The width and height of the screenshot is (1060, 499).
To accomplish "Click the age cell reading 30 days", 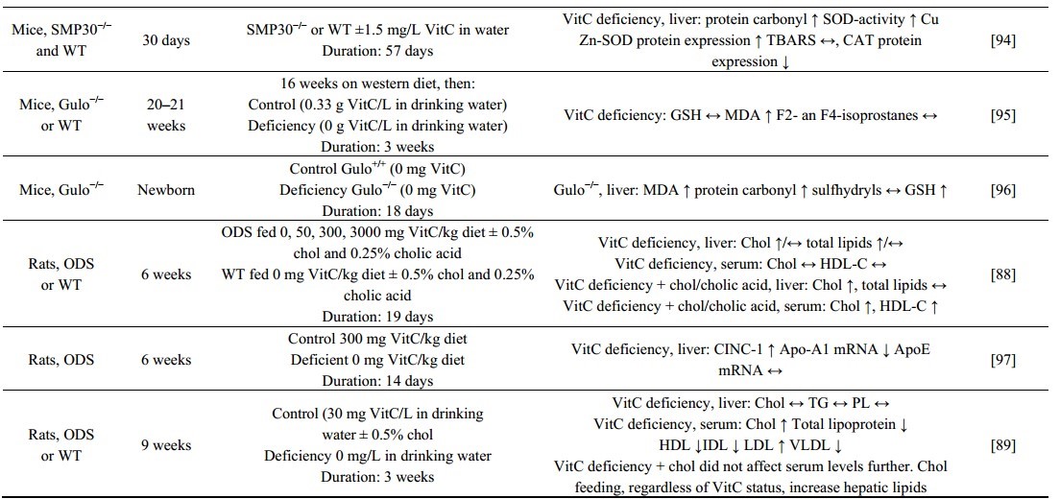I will coord(166,30).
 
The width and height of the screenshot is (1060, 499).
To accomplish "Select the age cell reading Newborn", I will coord(167,190).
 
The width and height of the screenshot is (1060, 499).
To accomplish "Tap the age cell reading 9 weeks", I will coord(166,444).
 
